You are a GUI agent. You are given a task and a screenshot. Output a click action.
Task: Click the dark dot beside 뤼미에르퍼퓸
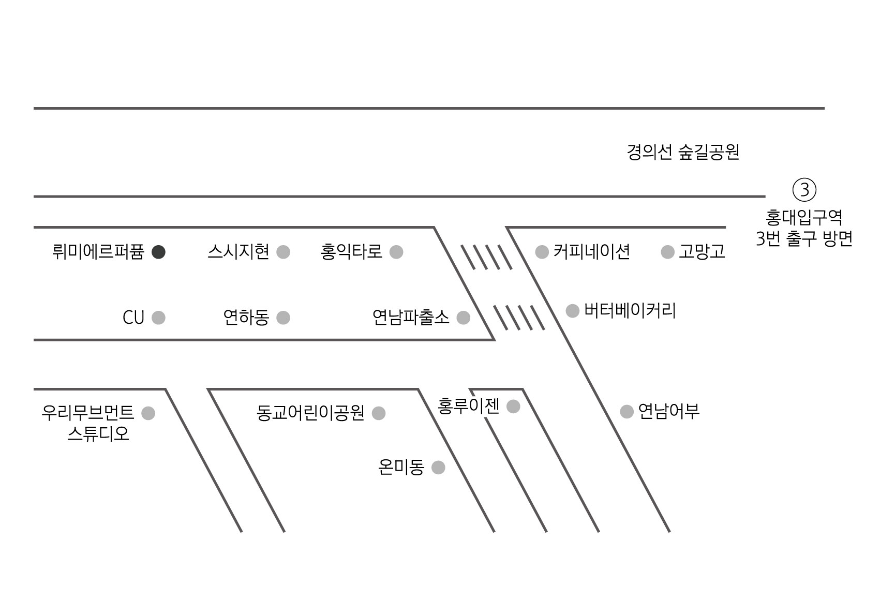159,252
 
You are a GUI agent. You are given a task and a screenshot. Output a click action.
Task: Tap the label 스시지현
238,252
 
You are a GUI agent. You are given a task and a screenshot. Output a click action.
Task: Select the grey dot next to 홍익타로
396,252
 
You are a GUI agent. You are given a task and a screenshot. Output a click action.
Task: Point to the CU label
133,318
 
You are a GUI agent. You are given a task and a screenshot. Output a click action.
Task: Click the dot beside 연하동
283,318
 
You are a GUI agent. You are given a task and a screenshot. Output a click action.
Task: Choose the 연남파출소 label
411,318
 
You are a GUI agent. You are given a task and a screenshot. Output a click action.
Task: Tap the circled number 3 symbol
804,190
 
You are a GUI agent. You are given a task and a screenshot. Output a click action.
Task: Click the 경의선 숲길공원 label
683,153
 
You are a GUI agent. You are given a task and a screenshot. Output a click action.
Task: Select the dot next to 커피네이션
542,252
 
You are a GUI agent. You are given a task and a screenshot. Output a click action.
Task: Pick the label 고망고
702,252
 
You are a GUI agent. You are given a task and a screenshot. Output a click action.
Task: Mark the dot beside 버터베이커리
573,311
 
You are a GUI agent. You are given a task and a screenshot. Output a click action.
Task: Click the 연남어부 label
668,412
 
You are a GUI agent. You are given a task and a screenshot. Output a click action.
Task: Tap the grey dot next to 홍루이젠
513,407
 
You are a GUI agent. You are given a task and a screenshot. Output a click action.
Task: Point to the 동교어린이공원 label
310,413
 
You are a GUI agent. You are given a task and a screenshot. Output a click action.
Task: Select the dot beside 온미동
438,468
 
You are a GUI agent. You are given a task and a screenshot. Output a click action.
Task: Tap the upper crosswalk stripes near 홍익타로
486,257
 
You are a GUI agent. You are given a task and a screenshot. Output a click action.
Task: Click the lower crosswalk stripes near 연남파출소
519,318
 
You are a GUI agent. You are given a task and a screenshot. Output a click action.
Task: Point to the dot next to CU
159,318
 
